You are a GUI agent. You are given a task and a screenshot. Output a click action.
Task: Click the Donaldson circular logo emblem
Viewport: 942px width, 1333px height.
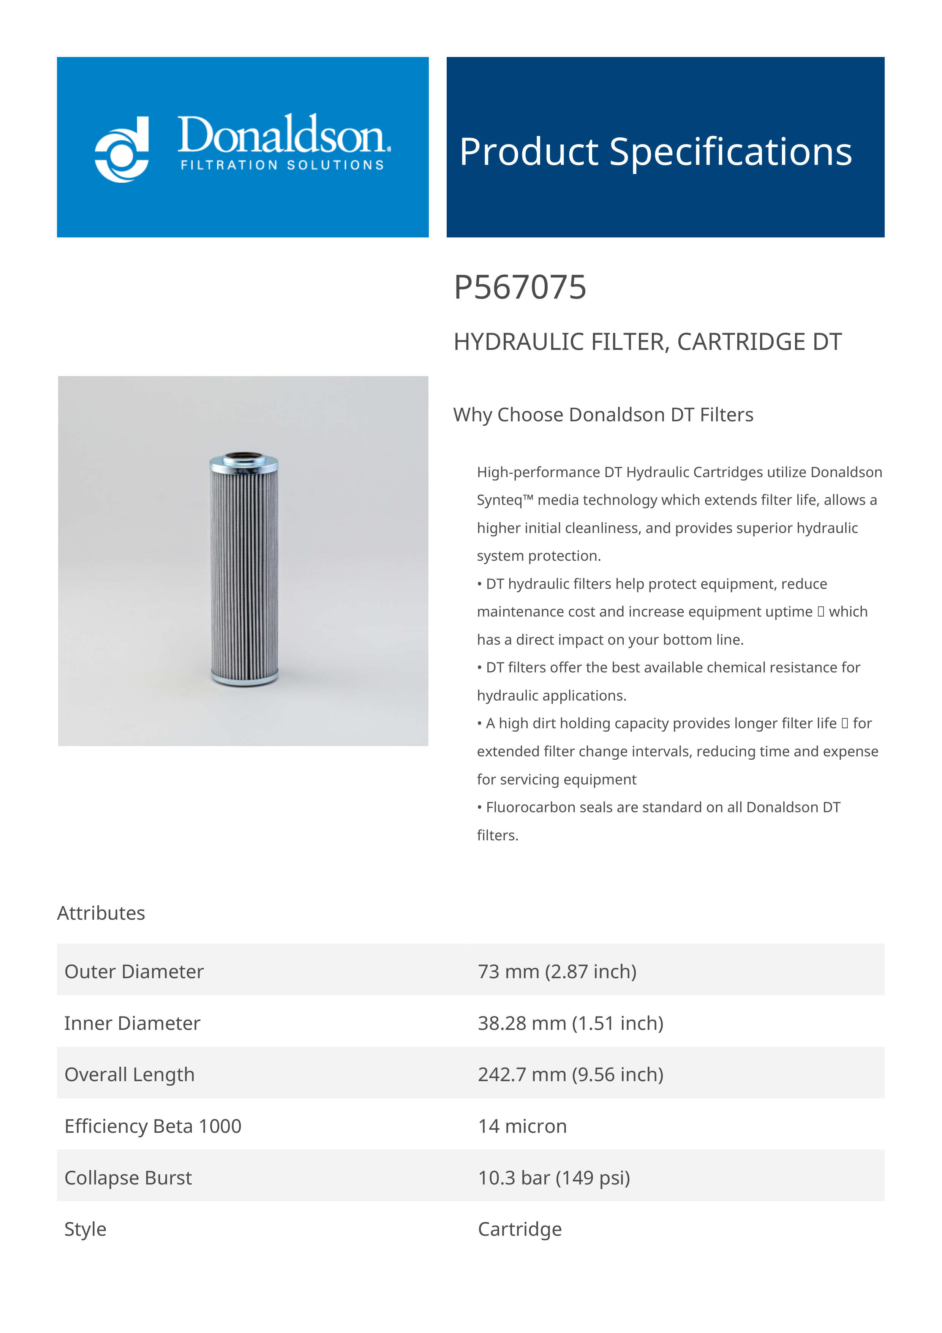[x=122, y=149]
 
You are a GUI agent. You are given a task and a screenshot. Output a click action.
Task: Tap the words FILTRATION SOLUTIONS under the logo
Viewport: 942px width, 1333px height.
[x=282, y=165]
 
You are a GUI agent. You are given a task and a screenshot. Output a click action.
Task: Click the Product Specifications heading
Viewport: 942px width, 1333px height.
[x=655, y=152]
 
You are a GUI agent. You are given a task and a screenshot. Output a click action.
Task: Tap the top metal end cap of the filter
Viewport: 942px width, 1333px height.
[x=244, y=462]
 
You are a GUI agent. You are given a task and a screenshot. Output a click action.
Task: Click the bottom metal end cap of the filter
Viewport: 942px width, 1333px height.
[x=244, y=677]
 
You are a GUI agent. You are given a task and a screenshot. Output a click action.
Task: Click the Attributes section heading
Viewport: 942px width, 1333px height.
[x=101, y=913]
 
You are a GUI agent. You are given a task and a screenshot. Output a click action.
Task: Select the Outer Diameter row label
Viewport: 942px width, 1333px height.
[x=134, y=971]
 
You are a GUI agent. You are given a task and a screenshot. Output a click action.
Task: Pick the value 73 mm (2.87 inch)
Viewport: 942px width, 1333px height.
[x=556, y=971]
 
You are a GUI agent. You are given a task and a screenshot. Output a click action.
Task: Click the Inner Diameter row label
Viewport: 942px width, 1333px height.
[x=132, y=1023]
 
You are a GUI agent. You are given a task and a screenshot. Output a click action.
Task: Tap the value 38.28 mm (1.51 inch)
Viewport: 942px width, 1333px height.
[x=570, y=1023]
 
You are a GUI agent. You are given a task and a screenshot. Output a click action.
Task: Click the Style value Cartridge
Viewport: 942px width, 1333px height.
[x=520, y=1229]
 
